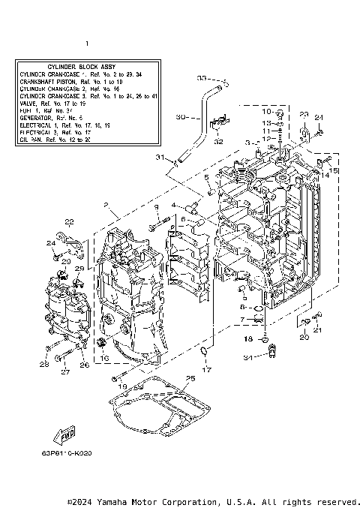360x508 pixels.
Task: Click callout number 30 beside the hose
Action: [x=180, y=117]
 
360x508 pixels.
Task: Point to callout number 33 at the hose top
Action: [x=201, y=77]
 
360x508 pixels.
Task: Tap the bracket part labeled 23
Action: [x=304, y=135]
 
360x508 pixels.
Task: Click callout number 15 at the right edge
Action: [x=334, y=171]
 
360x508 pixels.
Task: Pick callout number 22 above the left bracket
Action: [x=69, y=221]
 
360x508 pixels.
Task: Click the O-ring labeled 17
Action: [x=204, y=353]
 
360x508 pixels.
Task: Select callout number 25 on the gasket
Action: [x=190, y=377]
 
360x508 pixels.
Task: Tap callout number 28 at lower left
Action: [x=43, y=365]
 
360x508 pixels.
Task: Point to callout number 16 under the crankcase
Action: [x=106, y=359]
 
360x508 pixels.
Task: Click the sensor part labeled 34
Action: [x=274, y=347]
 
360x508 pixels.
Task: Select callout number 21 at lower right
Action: [x=317, y=330]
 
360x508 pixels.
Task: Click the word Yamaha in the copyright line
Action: [x=115, y=501]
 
